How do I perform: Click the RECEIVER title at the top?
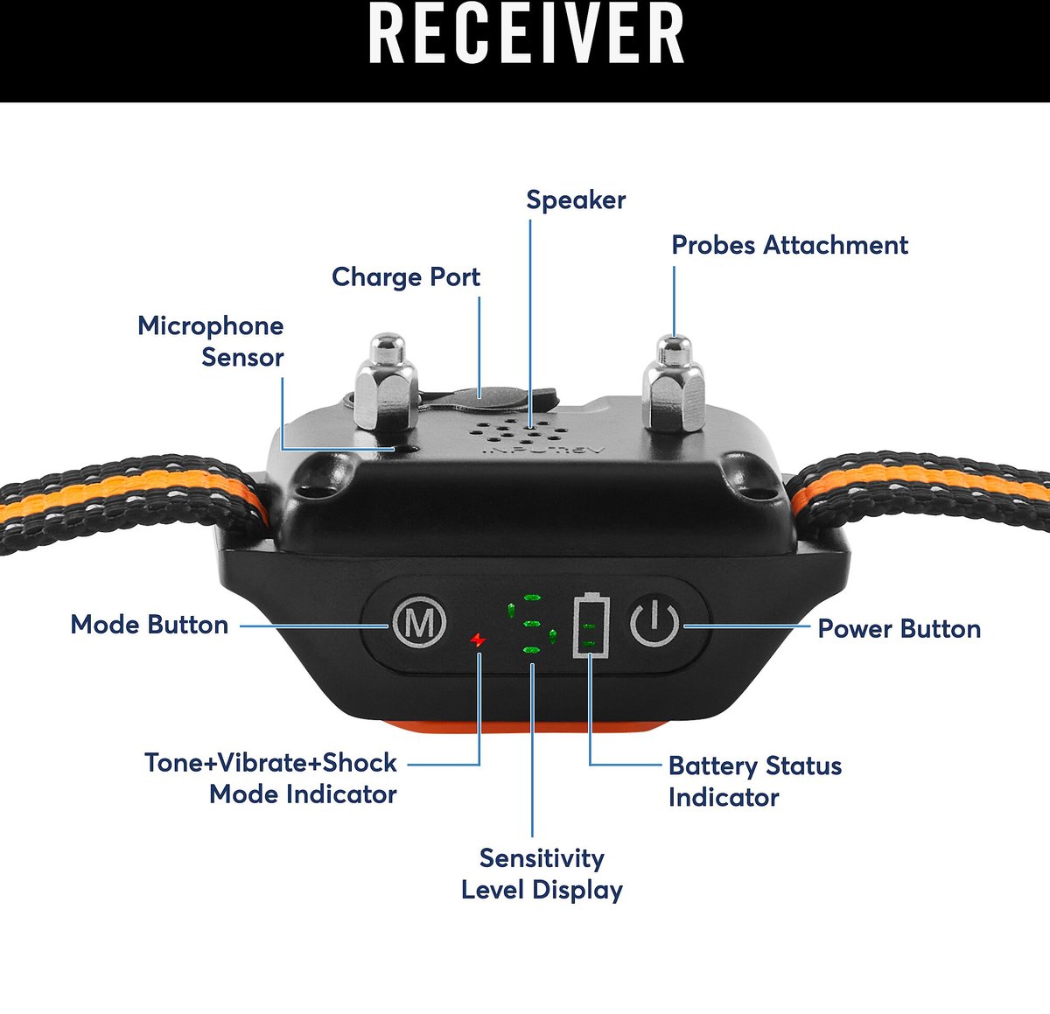tap(526, 35)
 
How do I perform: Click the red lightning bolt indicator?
tap(477, 640)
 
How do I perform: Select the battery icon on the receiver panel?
tap(591, 625)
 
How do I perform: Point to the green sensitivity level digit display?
tap(530, 625)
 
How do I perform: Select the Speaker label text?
tap(576, 200)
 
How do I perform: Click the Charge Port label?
tap(406, 277)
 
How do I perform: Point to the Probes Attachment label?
tap(789, 246)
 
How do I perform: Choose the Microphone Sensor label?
tap(211, 341)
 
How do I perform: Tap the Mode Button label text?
tap(150, 625)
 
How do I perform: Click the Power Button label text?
tap(899, 629)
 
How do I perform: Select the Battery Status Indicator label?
tap(754, 781)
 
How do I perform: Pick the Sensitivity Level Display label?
tap(542, 874)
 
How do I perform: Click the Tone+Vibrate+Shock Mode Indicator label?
tap(271, 779)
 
